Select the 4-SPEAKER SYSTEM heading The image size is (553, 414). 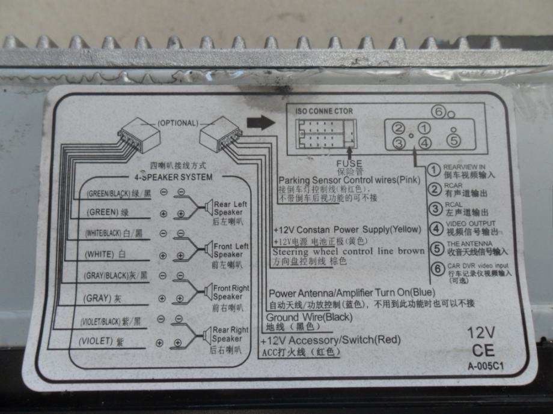coord(171,177)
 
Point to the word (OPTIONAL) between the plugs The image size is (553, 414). coord(177,123)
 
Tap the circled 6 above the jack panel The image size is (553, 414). coord(439,112)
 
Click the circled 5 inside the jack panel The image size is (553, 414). coord(454,140)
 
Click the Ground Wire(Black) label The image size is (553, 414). coord(309,317)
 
